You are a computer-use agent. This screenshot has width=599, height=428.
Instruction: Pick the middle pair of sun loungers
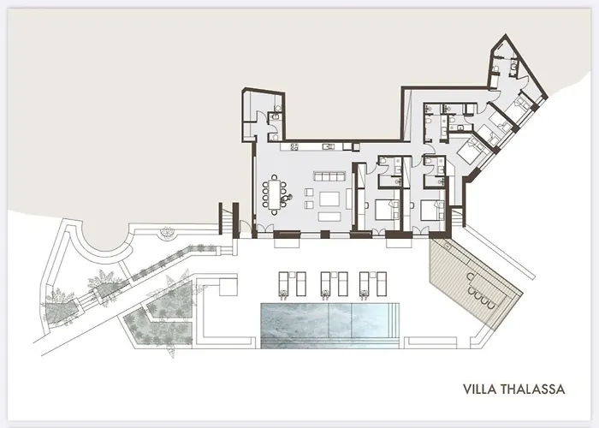(333, 283)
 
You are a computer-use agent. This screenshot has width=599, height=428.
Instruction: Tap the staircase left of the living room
(227, 217)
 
